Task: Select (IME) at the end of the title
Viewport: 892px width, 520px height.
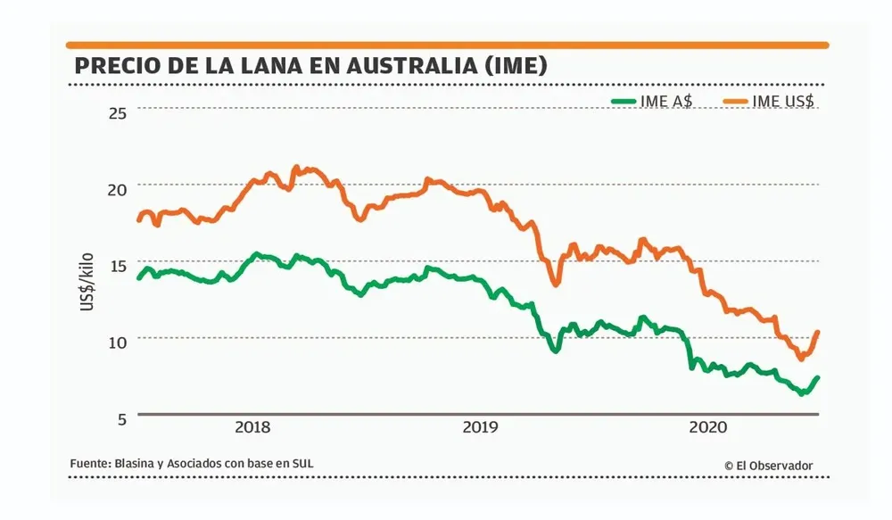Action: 513,67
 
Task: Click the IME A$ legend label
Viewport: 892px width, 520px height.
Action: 665,101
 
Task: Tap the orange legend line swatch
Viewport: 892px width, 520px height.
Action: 733,101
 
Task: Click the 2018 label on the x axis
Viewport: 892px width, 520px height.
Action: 252,427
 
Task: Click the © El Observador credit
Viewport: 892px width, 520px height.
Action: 768,465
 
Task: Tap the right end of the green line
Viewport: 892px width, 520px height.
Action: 817,378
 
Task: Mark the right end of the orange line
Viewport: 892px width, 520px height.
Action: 817,333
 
